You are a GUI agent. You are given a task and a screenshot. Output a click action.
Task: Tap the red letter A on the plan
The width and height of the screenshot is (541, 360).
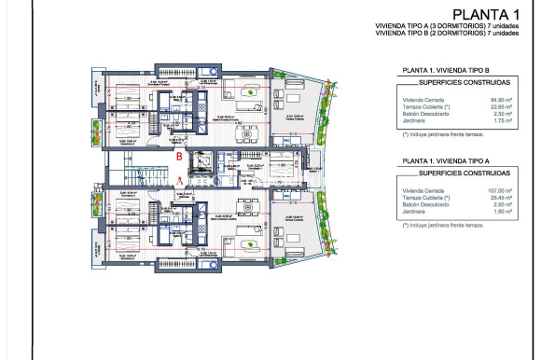pyautogui.click(x=179, y=181)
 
